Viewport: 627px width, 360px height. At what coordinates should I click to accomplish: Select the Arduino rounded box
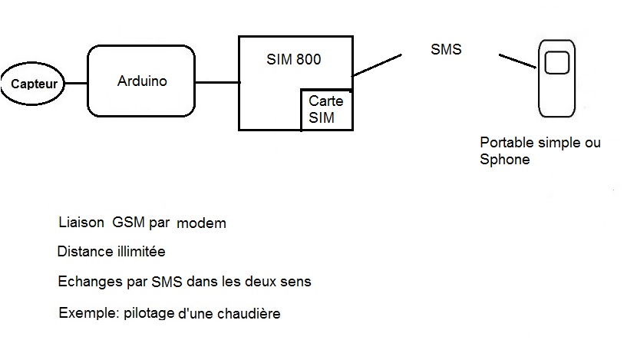click(141, 81)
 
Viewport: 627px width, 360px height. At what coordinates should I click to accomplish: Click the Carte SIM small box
click(326, 110)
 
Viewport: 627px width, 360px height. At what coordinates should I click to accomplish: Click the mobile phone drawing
click(558, 79)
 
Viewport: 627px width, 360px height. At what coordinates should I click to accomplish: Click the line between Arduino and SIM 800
click(216, 81)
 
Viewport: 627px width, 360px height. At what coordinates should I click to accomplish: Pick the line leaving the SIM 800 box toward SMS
click(377, 64)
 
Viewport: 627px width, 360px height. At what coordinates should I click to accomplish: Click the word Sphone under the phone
click(504, 160)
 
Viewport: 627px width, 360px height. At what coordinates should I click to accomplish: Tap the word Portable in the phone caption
click(504, 143)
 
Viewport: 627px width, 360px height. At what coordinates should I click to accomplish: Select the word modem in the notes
click(201, 223)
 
